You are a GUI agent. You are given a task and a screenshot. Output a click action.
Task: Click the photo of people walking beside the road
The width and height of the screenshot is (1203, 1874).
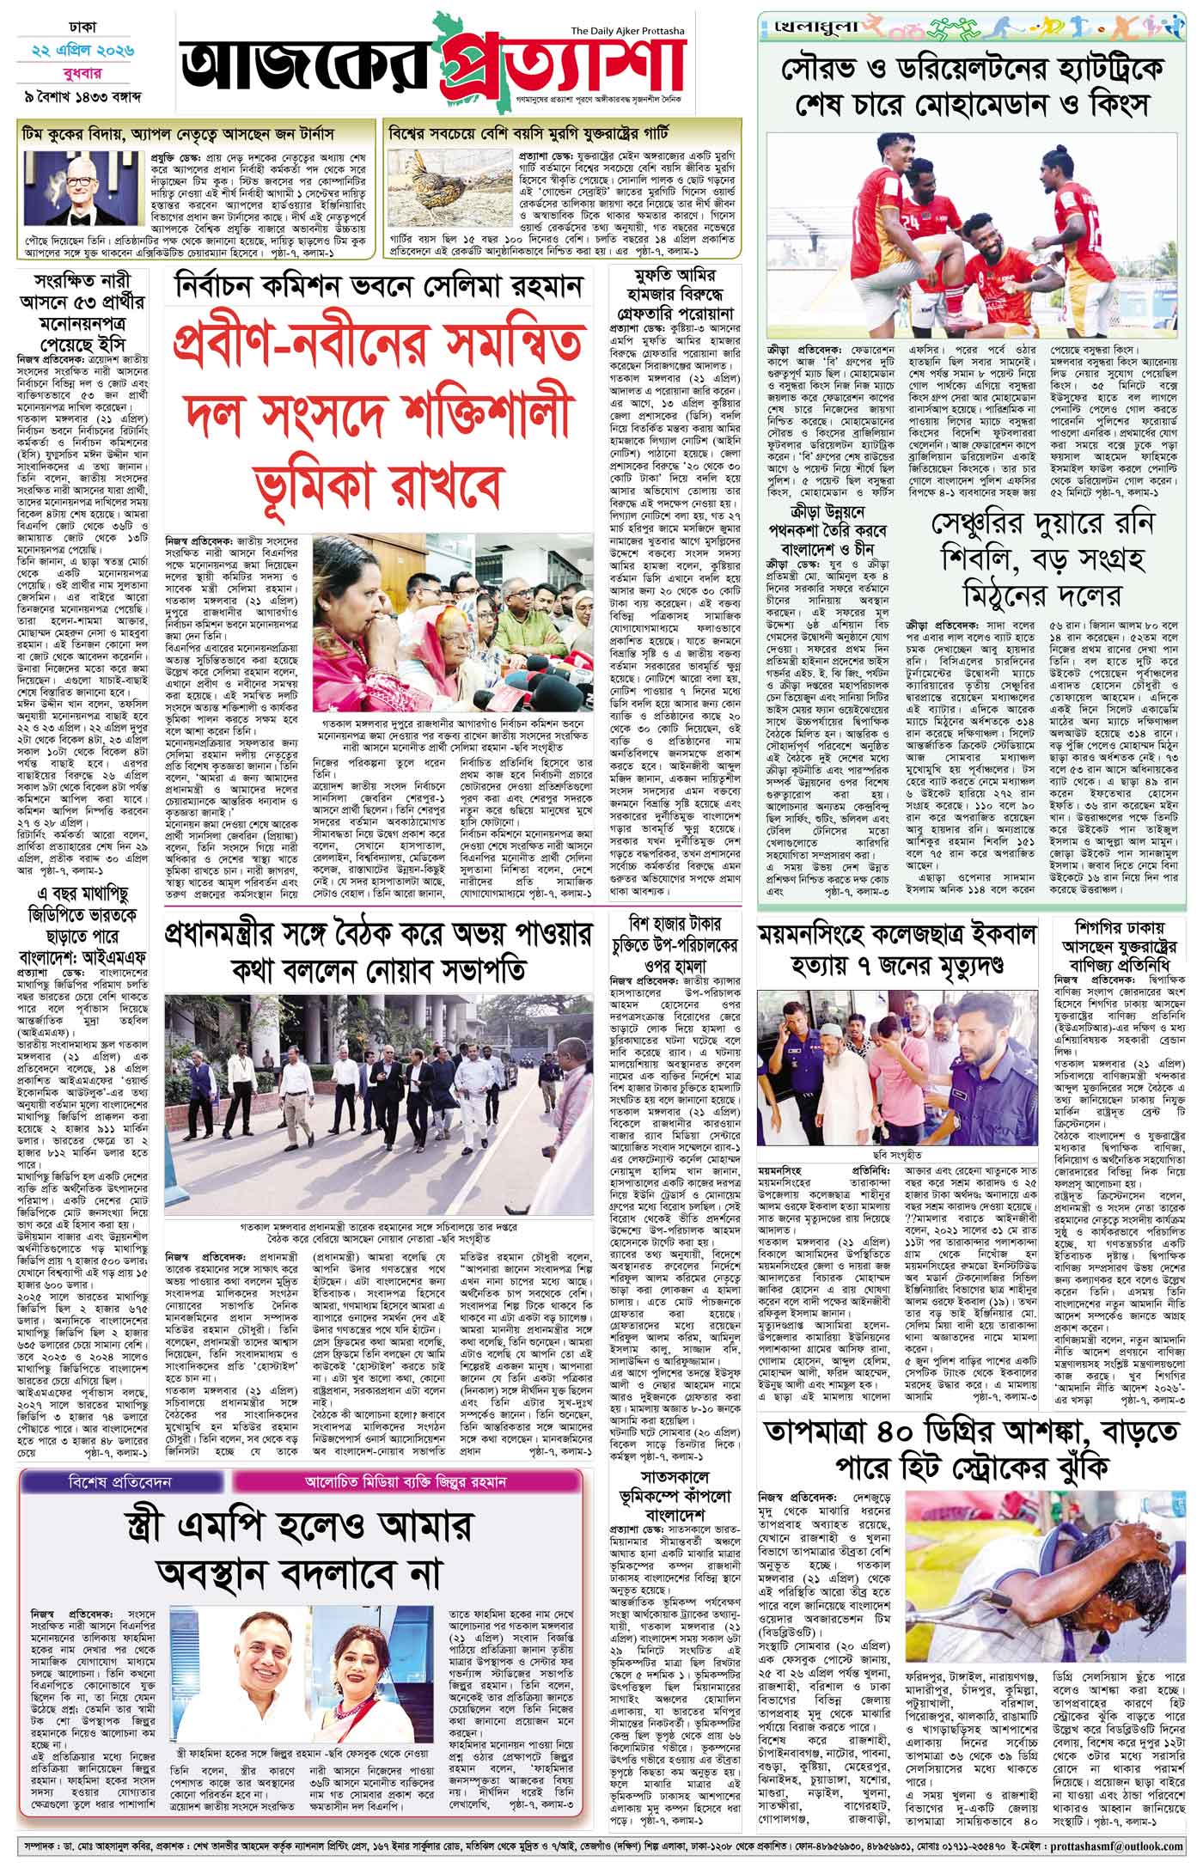coord(379,1102)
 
